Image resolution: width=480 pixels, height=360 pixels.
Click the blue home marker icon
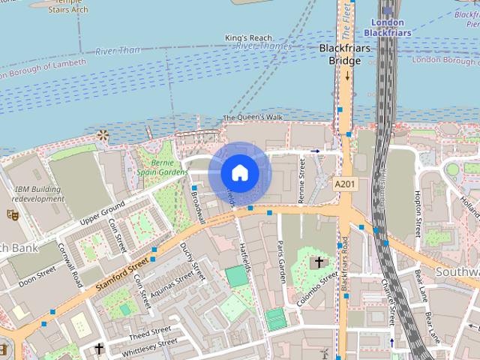[x=239, y=173]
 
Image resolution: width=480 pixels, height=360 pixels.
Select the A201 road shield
[x=344, y=184]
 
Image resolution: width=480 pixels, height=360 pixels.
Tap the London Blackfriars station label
[x=387, y=28]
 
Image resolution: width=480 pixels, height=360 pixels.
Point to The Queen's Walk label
[x=253, y=118]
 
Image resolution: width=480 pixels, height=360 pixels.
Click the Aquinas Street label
[x=176, y=286]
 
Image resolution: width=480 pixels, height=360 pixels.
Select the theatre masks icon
[x=12, y=214]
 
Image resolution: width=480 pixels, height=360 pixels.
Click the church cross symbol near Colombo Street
[x=319, y=262]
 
